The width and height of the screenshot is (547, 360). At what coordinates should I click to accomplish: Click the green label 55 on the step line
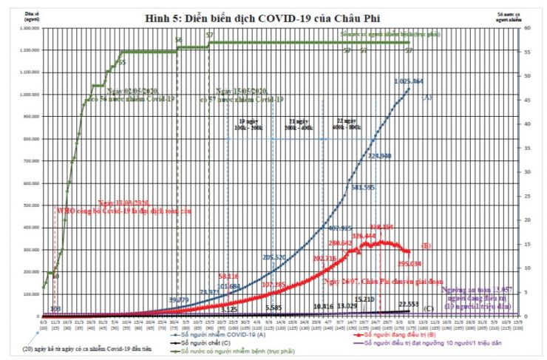(121, 64)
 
